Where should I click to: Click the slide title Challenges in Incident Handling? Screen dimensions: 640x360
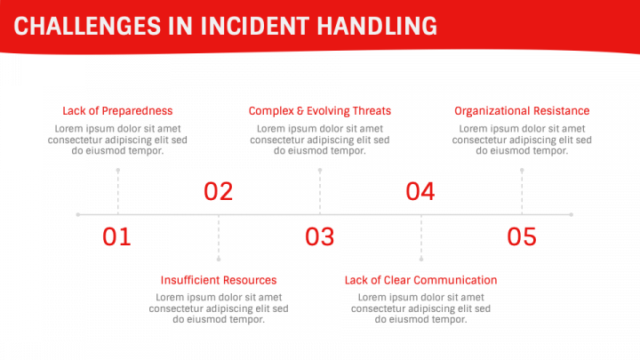pos(225,26)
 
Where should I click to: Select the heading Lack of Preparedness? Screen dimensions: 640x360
pos(117,110)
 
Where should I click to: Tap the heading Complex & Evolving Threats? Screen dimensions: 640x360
pos(320,110)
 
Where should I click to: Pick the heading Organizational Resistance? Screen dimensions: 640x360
pos(522,110)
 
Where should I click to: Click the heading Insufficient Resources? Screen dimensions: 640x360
pos(219,280)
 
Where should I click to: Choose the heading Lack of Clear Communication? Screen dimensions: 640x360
pos(420,280)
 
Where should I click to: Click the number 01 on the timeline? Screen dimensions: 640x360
pos(116,236)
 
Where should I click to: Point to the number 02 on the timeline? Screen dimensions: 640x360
pos(219,191)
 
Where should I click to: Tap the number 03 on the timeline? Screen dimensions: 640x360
pos(320,236)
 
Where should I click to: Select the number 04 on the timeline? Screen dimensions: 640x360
pos(420,191)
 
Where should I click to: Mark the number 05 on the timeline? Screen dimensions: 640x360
pos(522,236)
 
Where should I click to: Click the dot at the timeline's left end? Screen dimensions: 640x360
pos(78,214)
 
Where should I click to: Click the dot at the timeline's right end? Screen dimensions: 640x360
pos(572,214)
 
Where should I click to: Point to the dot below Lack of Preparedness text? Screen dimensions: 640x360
pos(118,170)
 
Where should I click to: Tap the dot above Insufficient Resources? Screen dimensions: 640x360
pos(219,260)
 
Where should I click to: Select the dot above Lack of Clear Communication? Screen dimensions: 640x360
pos(421,260)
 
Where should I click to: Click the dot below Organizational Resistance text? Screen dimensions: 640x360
pos(522,170)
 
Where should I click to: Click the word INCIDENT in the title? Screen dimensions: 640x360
pos(255,26)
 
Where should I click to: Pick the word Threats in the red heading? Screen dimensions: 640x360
pos(372,110)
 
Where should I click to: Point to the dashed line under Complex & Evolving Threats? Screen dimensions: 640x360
pos(320,192)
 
